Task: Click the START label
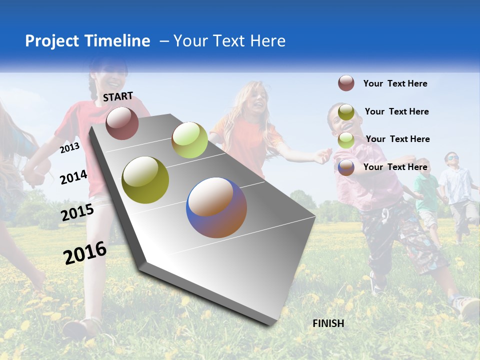coord(118,96)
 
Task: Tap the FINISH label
coord(328,323)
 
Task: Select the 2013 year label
coord(69,147)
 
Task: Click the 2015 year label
coord(77,213)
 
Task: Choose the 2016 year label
coord(85,253)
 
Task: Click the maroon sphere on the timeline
coord(122,123)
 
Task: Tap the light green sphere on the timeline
coord(189,140)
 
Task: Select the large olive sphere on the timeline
coord(145,180)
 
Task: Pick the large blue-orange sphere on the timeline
coord(216,207)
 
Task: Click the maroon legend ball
coord(346,83)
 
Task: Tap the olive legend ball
coord(346,111)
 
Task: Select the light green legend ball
coord(346,139)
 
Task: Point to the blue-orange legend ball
coord(346,167)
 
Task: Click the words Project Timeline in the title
coord(87,41)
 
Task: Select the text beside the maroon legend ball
coord(395,83)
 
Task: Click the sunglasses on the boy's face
coord(452,158)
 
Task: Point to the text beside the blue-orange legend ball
coord(395,167)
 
